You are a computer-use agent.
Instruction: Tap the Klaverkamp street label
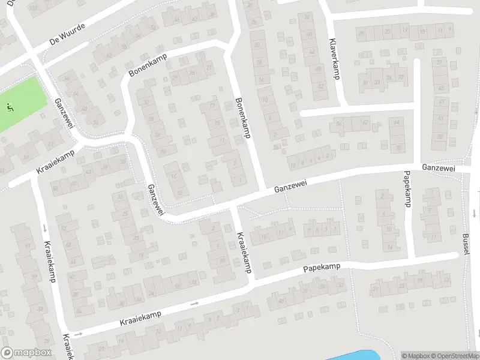point(334,59)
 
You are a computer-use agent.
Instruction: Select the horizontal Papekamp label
point(322,268)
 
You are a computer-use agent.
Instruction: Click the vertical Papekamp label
point(406,188)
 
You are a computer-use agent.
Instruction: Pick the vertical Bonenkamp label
point(242,118)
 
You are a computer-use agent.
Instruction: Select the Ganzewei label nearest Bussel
point(438,169)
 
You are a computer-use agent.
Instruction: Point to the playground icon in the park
point(9,107)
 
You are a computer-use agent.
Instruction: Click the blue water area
point(354,355)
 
